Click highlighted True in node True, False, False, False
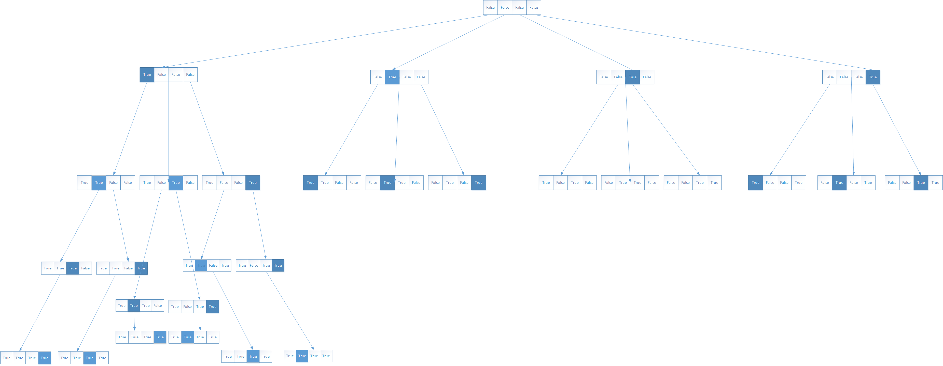pos(147,74)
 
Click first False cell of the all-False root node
pos(490,7)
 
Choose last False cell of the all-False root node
pos(533,7)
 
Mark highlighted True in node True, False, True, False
pos(176,182)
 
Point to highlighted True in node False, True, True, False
pos(387,182)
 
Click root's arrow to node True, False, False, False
pos(326,41)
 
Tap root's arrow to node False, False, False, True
pos(703,42)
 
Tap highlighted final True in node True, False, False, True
pos(253,182)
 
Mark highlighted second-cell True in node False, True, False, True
pos(839,182)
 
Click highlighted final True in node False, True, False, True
pos(478,182)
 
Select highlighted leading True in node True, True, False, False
pos(310,182)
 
